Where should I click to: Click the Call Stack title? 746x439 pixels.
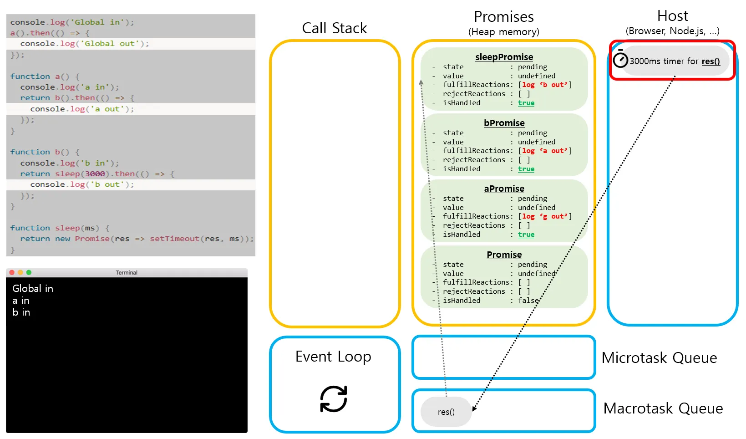pyautogui.click(x=334, y=28)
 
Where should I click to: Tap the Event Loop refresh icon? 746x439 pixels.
pyautogui.click(x=334, y=399)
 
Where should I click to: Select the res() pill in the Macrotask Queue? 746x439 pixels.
pyautogui.click(x=446, y=412)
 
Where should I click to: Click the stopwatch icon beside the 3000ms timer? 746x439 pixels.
pyautogui.click(x=620, y=60)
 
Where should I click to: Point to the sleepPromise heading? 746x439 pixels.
pyautogui.click(x=504, y=57)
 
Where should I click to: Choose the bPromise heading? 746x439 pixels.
pyautogui.click(x=504, y=123)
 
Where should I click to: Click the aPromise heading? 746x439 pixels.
pyautogui.click(x=504, y=189)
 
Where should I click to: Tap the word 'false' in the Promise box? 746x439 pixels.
pyautogui.click(x=528, y=301)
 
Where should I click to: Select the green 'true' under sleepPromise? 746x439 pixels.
pyautogui.click(x=526, y=103)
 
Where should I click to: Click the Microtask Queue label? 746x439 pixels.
pyautogui.click(x=659, y=358)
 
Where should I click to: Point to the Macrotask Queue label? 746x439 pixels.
pyautogui.click(x=663, y=408)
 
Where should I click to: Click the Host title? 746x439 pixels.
pyautogui.click(x=672, y=16)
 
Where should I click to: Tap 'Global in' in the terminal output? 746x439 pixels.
pyautogui.click(x=33, y=288)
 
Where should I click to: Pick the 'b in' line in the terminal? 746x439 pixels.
pyautogui.click(x=21, y=312)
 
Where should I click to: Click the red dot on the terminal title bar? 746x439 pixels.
pyautogui.click(x=12, y=272)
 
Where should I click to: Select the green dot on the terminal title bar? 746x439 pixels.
pyautogui.click(x=29, y=272)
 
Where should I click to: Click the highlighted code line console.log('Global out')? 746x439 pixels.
pyautogui.click(x=85, y=44)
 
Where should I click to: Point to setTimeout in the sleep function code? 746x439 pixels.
pyautogui.click(x=174, y=239)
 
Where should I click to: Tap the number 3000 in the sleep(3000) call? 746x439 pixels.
pyautogui.click(x=95, y=174)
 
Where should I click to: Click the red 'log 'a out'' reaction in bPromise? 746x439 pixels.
pyautogui.click(x=544, y=151)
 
